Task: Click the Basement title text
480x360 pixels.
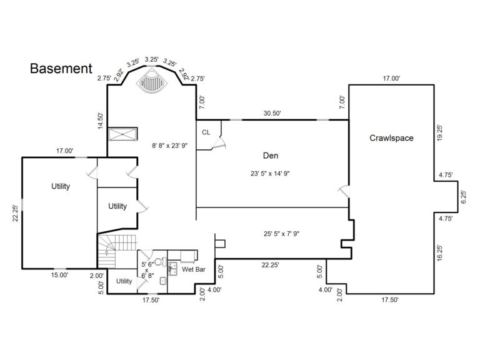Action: pos(61,68)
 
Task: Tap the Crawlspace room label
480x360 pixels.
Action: pos(391,137)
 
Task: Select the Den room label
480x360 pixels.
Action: pos(270,155)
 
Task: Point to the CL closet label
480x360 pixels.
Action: pos(206,132)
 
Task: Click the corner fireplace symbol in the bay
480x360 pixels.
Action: pos(151,81)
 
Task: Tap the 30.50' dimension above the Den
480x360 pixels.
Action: pos(272,113)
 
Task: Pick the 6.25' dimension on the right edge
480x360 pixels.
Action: pos(463,198)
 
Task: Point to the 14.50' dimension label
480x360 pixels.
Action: pos(100,121)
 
